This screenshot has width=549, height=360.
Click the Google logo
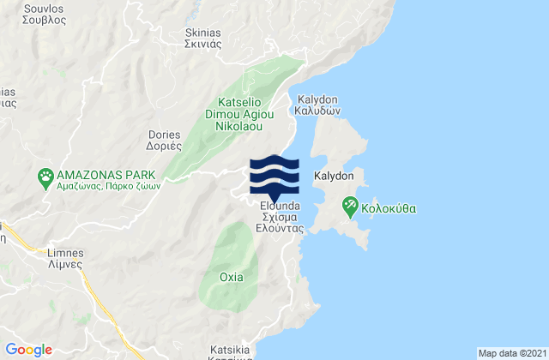[x=29, y=349]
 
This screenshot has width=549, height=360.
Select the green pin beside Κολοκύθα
[x=350, y=205]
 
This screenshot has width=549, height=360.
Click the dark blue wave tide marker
[x=274, y=177]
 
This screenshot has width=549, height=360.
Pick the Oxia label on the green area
[x=231, y=277]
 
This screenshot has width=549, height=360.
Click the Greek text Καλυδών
[x=319, y=111]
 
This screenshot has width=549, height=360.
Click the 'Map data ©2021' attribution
[x=510, y=353]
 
